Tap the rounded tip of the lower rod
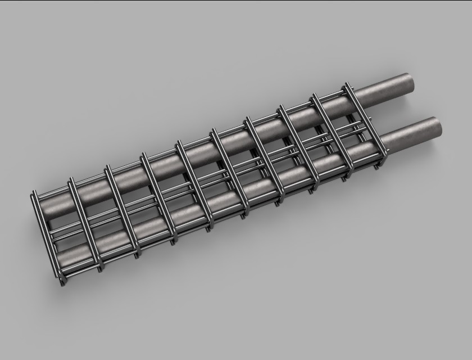(x=434, y=125)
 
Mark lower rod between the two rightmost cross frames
(x=357, y=152)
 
